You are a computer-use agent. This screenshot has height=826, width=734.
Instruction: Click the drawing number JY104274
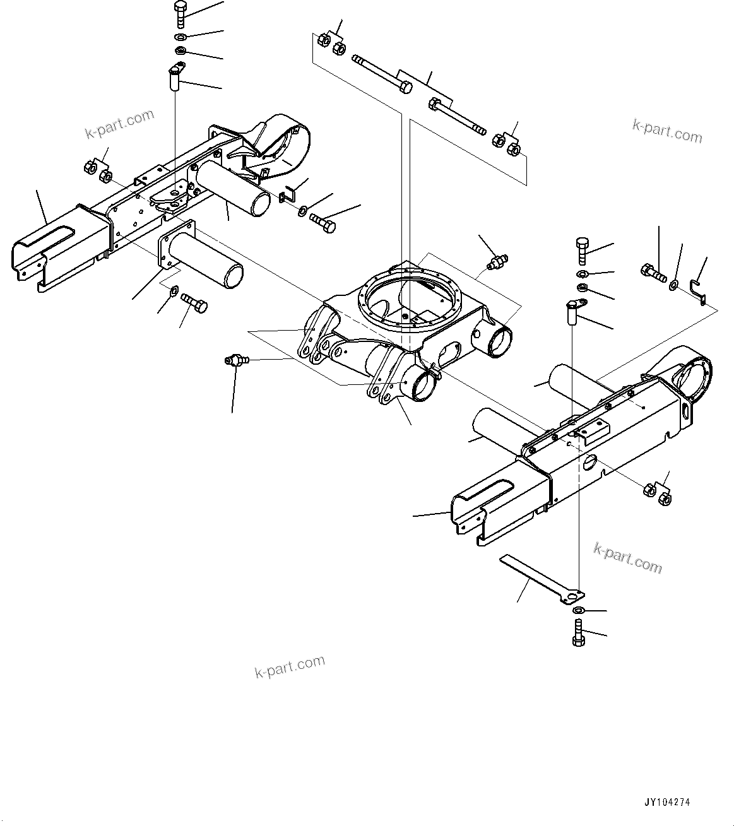667,803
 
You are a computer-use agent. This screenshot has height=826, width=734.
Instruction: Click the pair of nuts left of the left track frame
97,171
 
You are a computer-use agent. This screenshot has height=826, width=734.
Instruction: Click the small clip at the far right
698,290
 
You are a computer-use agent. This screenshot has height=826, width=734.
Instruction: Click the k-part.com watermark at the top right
667,131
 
